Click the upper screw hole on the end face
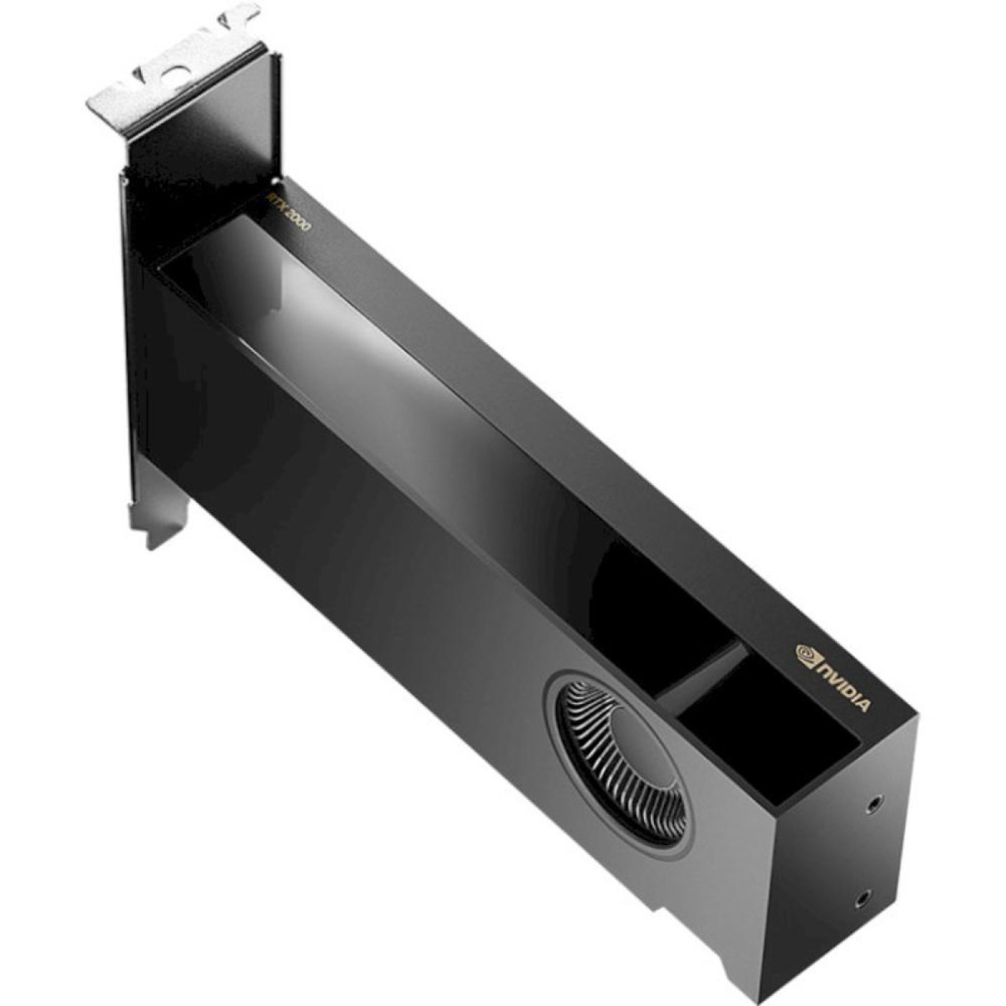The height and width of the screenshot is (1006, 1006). pyautogui.click(x=874, y=802)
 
